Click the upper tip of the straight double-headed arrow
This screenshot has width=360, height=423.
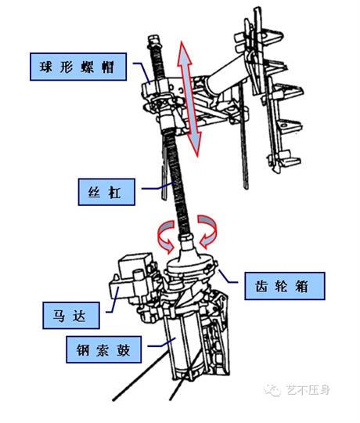185,44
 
